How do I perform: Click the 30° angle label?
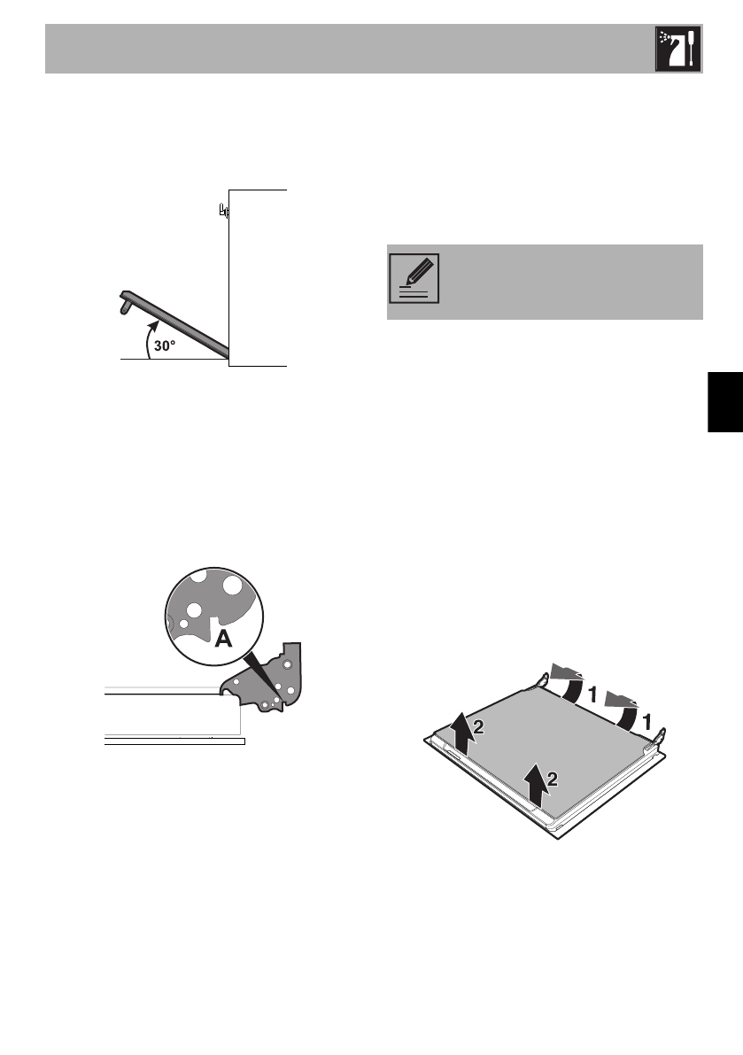coord(166,347)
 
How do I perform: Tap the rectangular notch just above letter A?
coord(213,613)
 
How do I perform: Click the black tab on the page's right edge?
coord(725,401)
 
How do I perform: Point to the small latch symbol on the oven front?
coord(223,212)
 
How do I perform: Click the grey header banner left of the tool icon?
coord(345,50)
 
